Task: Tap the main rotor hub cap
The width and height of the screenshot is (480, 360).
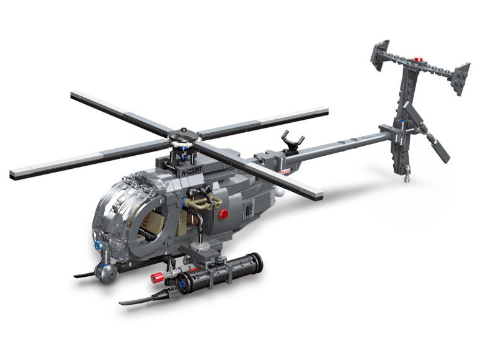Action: (184, 135)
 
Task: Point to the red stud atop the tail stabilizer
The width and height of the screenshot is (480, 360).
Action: (419, 60)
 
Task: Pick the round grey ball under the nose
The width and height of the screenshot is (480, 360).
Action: (106, 272)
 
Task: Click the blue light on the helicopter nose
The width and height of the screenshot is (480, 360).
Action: (99, 246)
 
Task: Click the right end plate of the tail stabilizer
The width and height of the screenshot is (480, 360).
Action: (459, 78)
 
